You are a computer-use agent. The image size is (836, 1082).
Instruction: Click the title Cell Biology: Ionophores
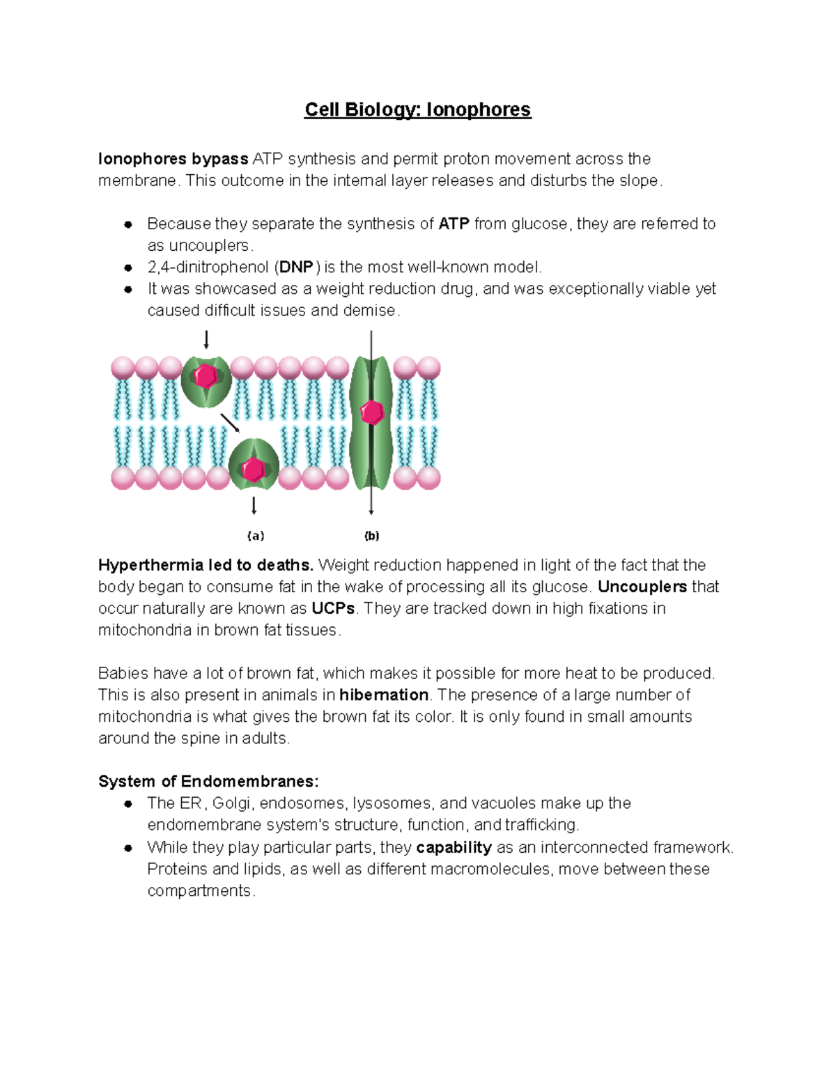pos(417,110)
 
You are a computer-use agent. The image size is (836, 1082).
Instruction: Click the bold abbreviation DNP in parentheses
pos(296,268)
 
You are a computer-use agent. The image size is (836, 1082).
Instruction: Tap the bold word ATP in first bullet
pos(454,224)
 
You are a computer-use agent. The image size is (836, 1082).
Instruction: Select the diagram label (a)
pos(256,536)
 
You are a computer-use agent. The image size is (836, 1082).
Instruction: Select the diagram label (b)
pos(371,536)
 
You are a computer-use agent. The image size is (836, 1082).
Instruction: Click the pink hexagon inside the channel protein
pos(372,412)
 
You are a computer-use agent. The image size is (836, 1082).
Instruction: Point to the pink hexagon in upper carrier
pos(206,376)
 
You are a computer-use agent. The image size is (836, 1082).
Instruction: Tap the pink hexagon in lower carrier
pos(254,469)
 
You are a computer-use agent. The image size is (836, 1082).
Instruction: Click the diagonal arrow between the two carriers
pos(230,423)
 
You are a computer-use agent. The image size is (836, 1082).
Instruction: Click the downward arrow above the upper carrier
pos(206,340)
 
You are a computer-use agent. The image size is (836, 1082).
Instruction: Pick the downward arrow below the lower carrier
pos(254,505)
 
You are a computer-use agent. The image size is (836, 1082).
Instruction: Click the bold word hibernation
pos(384,695)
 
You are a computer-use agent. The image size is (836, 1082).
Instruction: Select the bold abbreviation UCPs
pos(333,609)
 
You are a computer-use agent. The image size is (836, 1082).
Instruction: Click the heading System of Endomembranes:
pos(208,782)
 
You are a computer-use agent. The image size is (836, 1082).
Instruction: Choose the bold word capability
pos(454,848)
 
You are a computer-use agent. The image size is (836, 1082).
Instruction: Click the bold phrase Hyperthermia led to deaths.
pos(206,565)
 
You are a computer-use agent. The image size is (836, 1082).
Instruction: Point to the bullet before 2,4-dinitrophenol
pos(128,268)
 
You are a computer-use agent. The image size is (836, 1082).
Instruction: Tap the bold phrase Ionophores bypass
pos(173,160)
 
